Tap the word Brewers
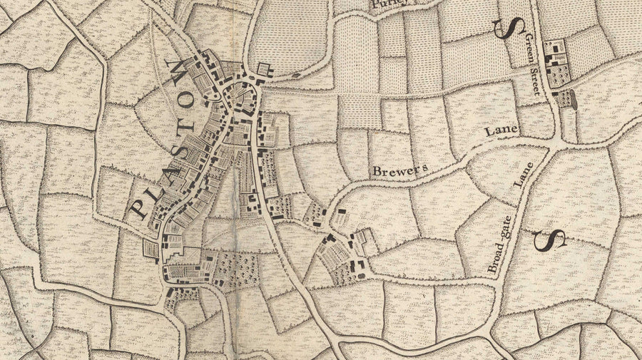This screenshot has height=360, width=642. coord(398,170)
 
